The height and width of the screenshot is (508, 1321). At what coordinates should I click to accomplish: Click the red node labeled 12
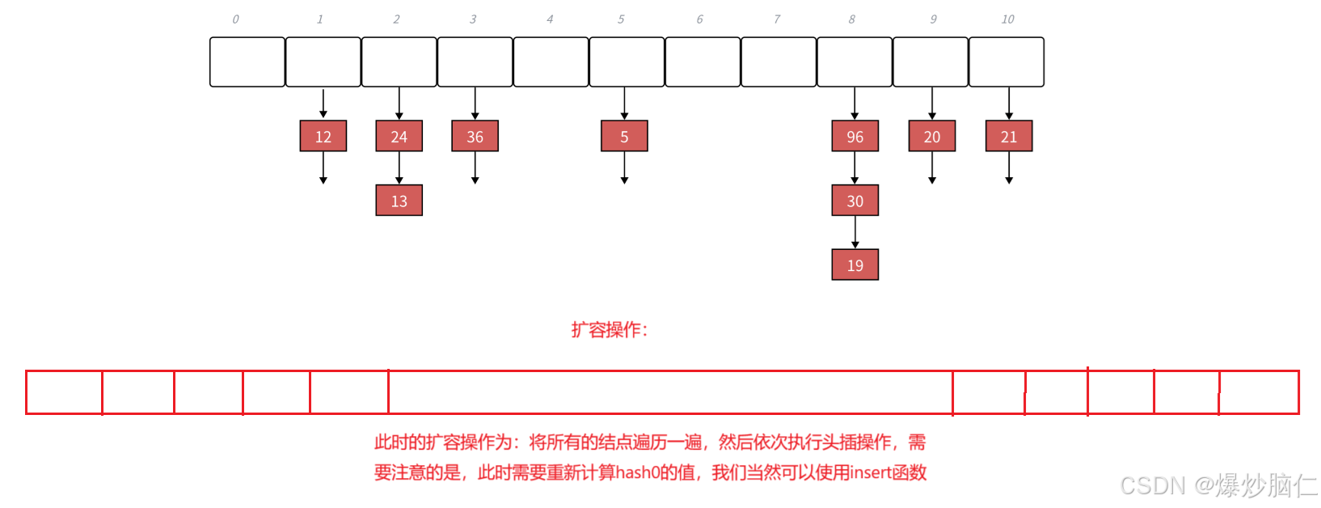point(323,136)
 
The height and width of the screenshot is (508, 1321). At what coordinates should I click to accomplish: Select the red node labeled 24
point(399,136)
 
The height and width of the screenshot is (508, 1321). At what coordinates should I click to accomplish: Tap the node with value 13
point(399,201)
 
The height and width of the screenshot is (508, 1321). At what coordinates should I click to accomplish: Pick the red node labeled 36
point(475,136)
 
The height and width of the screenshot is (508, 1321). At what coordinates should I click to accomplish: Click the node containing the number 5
point(624,136)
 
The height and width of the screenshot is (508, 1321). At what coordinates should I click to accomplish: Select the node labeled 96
point(855,136)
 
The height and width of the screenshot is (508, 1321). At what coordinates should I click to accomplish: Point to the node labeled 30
point(855,201)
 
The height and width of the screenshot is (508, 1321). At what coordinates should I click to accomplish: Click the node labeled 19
point(855,265)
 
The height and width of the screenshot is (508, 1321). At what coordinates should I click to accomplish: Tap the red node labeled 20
point(932,136)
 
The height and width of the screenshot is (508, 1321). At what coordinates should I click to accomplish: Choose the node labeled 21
point(1009,136)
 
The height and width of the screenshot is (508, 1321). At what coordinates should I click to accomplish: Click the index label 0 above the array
point(235,19)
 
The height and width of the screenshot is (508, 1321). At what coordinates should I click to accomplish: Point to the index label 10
point(1007,19)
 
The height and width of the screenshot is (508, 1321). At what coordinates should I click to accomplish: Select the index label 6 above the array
point(699,19)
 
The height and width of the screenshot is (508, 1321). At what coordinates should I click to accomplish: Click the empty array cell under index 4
point(551,61)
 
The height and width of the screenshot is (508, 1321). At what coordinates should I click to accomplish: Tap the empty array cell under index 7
point(779,61)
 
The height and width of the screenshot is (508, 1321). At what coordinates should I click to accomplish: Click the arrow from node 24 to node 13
point(399,168)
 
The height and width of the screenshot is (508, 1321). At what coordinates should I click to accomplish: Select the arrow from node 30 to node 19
point(855,233)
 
